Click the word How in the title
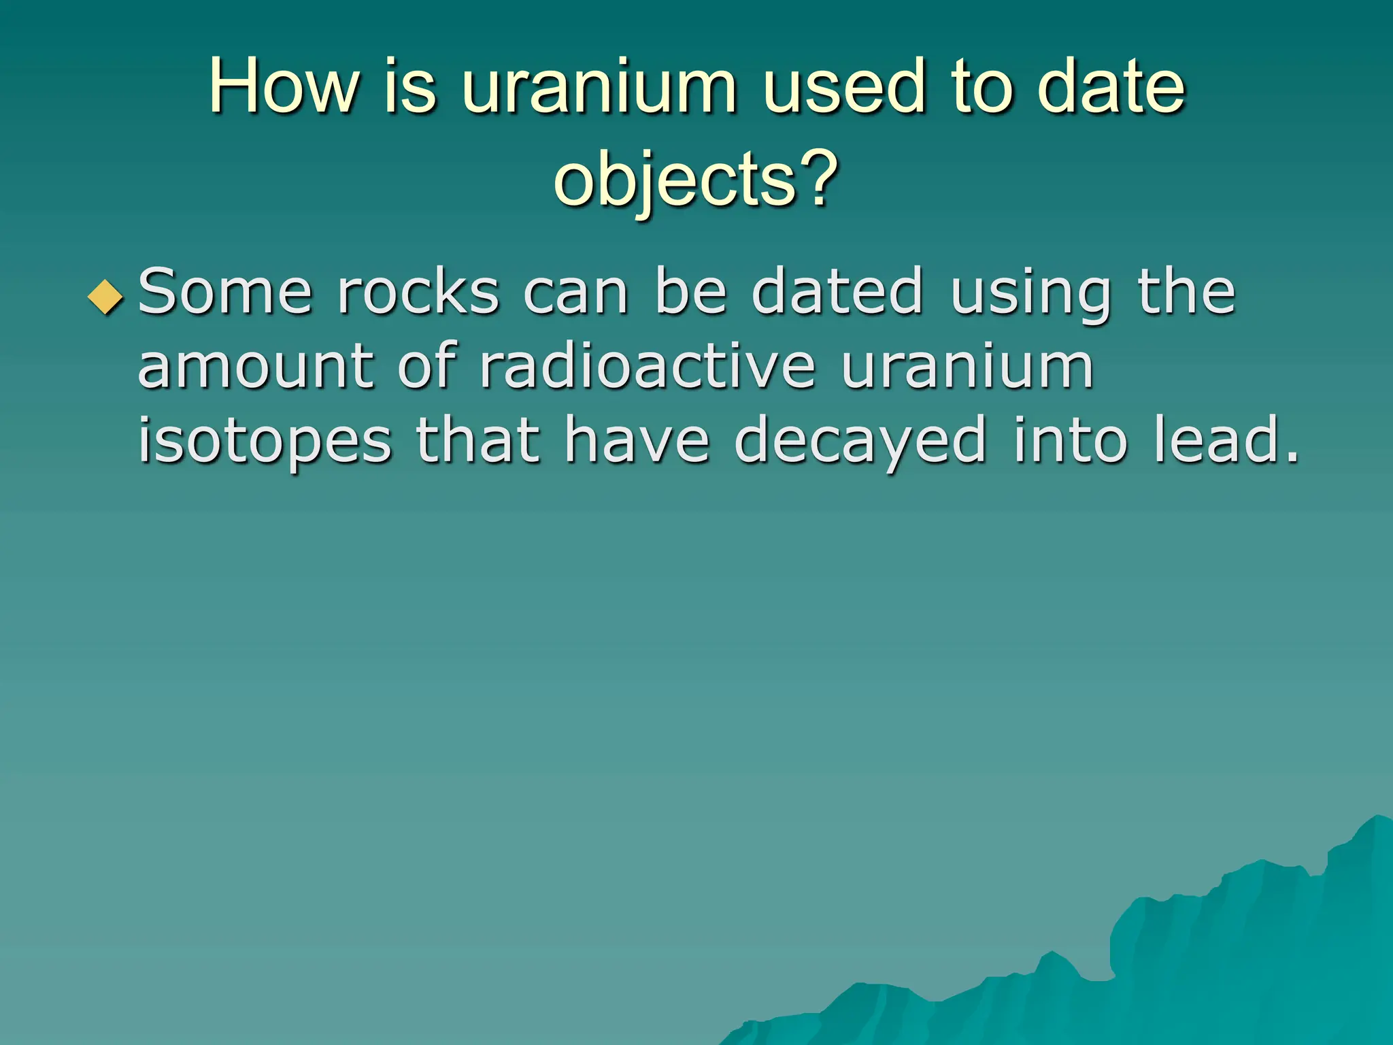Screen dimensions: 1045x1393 283,86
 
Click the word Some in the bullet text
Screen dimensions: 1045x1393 225,293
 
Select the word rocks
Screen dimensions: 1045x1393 418,293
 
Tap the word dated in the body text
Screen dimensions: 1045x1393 837,293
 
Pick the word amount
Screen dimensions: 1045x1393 255,367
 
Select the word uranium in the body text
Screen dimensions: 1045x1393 967,367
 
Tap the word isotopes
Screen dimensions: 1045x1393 265,442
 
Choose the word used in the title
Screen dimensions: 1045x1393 844,86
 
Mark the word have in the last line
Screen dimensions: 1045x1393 637,442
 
